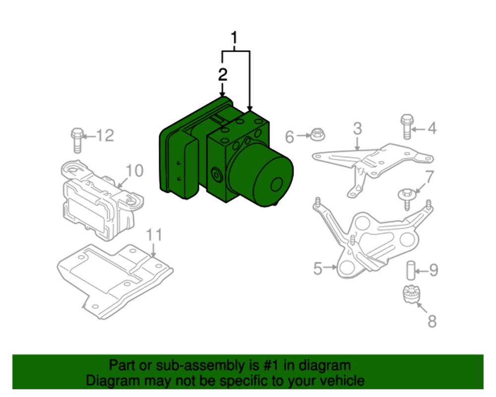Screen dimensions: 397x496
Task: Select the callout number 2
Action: (222, 75)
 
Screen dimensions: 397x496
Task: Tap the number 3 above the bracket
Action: (357, 129)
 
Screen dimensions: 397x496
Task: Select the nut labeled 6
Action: (316, 133)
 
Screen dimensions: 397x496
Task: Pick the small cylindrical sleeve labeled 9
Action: (411, 270)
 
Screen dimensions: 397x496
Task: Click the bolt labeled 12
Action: (76, 139)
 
